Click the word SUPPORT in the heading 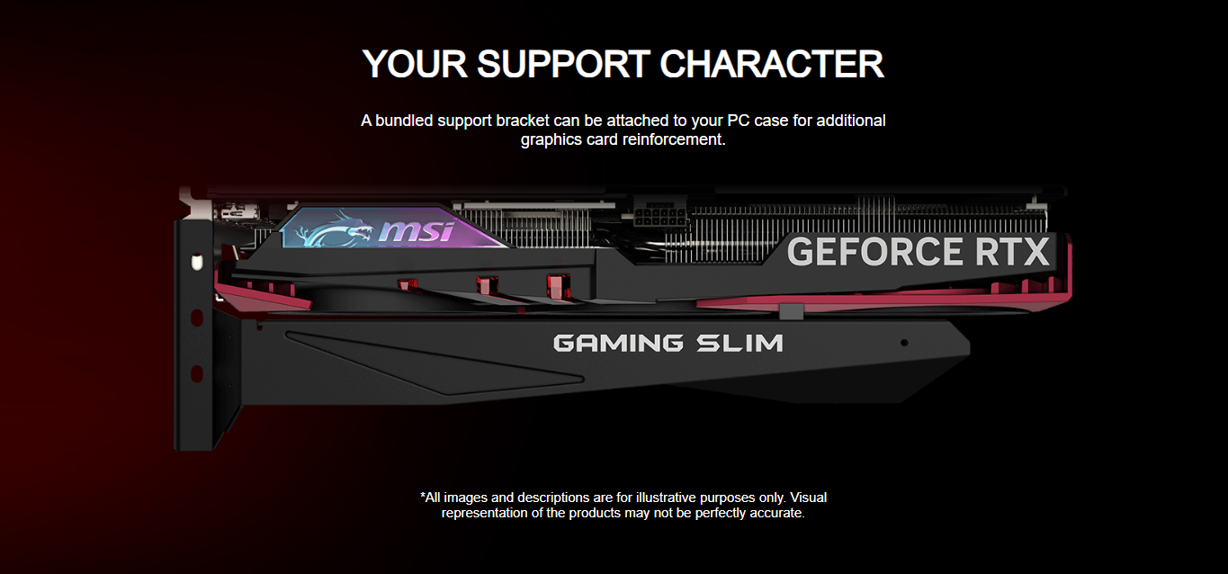tap(563, 64)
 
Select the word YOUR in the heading tap(415, 64)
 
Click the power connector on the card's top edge tap(659, 217)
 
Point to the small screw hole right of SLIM tap(904, 343)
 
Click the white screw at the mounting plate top tap(197, 262)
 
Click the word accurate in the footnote tap(775, 513)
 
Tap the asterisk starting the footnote tap(423, 496)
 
